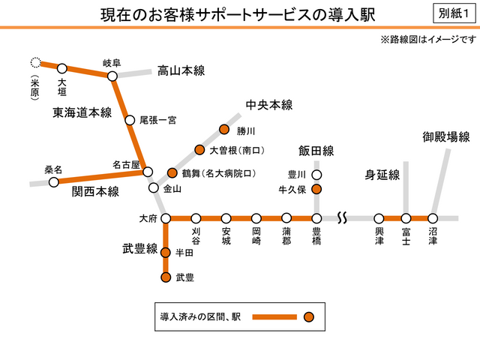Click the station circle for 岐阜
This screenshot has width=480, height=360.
click(112, 76)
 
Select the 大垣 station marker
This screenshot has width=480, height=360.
click(62, 68)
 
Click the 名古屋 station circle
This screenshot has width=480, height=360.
click(148, 171)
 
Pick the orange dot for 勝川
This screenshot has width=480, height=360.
click(223, 130)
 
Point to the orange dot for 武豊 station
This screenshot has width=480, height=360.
click(166, 277)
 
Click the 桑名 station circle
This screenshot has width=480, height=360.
click(53, 182)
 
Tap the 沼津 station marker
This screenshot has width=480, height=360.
click(433, 218)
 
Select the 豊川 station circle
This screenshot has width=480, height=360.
click(316, 175)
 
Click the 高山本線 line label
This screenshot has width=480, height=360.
click(181, 71)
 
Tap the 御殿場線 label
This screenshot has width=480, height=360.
click(445, 136)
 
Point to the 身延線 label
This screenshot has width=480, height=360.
click(382, 175)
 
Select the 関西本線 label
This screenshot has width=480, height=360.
click(95, 191)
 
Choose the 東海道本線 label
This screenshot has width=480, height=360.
click(82, 112)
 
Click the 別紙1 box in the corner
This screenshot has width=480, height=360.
click(452, 14)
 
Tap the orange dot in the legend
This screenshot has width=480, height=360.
click(308, 316)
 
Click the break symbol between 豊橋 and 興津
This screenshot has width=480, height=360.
click(341, 218)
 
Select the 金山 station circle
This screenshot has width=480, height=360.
click(154, 188)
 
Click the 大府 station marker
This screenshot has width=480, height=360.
click(166, 218)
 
